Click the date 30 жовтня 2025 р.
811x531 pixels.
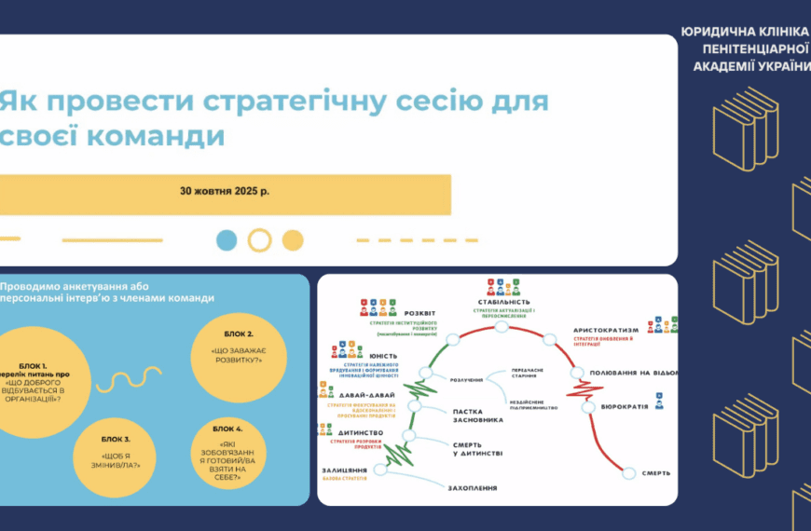point(225,190)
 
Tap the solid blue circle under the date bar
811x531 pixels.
point(227,240)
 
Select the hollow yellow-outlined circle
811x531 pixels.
point(260,240)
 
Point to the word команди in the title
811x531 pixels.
point(144,135)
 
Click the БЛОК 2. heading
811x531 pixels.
point(239,333)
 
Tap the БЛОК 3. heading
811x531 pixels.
point(115,439)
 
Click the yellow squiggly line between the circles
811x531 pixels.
point(136,380)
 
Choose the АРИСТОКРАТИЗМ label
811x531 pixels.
point(606,330)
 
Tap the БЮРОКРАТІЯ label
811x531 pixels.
point(625,407)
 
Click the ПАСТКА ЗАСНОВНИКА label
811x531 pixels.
point(478,415)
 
